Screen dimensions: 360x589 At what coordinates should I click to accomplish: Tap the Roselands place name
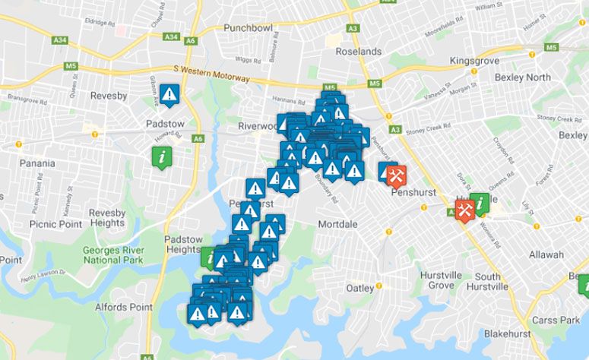click(359, 52)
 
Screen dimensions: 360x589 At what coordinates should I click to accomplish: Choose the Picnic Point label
click(55, 224)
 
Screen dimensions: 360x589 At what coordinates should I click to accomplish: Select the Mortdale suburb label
click(337, 225)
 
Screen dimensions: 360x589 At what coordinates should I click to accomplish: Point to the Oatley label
click(360, 288)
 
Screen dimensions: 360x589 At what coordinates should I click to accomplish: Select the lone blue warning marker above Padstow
click(169, 94)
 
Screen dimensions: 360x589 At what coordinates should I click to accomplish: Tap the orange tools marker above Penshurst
click(396, 175)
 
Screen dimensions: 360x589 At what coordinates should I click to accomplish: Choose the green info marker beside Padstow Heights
click(209, 257)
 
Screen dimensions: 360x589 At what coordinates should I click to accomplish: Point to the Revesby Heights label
click(106, 218)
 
